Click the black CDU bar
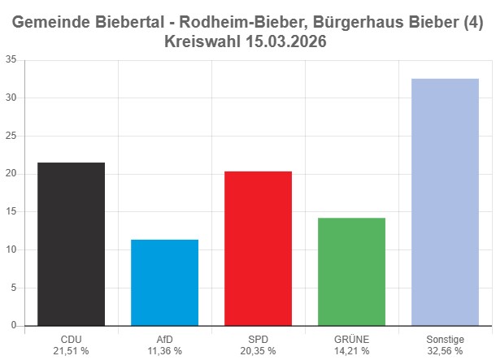click(x=71, y=244)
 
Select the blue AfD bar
click(x=164, y=282)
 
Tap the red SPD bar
click(x=258, y=248)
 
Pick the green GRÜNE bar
click(x=351, y=271)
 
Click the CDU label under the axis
click(x=71, y=339)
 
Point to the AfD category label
click(x=164, y=339)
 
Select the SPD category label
click(x=258, y=339)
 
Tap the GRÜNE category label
click(x=351, y=339)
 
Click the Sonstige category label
click(x=445, y=339)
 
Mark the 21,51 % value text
click(x=71, y=351)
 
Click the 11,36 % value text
click(x=164, y=351)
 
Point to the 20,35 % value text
click(x=258, y=351)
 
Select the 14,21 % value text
click(x=351, y=351)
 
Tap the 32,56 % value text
click(x=445, y=351)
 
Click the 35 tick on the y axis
click(x=11, y=59)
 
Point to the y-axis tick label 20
click(x=11, y=174)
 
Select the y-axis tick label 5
click(x=13, y=288)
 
